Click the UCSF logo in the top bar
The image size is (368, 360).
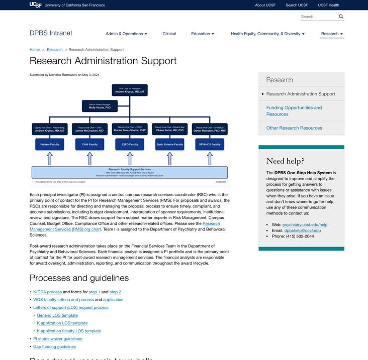point(35,5)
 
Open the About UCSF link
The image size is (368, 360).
point(265,5)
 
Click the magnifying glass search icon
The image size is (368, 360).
point(341,17)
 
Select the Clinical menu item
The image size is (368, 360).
point(169,34)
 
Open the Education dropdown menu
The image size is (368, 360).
point(203,34)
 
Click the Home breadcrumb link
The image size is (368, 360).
point(35,50)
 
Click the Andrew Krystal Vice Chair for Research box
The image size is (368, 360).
point(130,90)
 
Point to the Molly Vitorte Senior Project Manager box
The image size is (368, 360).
point(100,106)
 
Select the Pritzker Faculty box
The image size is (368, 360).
point(50,145)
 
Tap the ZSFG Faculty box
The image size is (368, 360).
point(130,145)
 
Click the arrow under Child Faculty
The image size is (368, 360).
point(90,158)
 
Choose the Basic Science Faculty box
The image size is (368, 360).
point(170,145)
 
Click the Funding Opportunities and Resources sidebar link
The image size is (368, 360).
point(294,111)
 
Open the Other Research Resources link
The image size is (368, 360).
point(294,128)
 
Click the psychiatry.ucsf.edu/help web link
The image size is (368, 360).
point(305,224)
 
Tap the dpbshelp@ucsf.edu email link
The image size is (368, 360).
point(302,230)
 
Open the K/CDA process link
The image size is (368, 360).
point(47,292)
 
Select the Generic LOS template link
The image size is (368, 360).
point(57,315)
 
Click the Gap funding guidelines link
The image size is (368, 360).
point(54,346)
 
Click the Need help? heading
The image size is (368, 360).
point(285,161)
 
